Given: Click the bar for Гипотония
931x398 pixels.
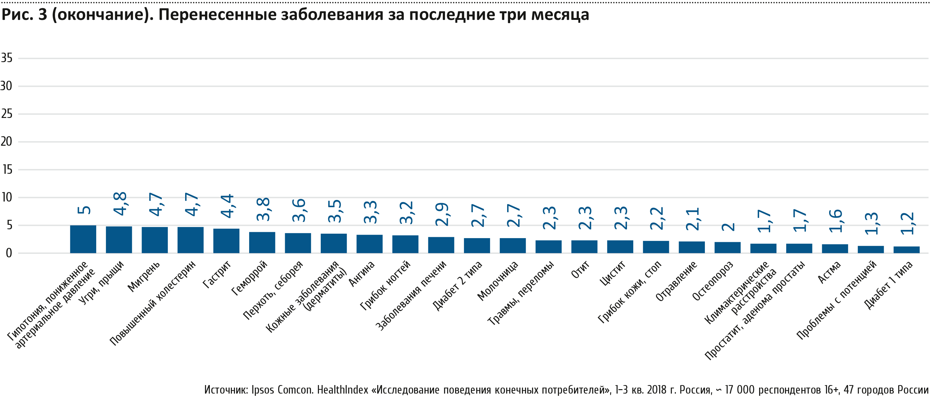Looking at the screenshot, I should [83, 239].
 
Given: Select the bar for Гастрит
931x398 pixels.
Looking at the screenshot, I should [226, 241].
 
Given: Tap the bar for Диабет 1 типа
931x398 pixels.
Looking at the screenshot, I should [906, 249].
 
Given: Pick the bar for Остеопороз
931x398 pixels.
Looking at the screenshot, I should [728, 247].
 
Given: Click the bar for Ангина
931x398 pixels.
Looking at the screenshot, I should [369, 244].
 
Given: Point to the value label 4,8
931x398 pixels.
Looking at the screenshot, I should [120, 203].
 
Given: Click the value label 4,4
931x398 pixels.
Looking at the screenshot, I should [228, 206].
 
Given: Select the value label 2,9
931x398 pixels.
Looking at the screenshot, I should [442, 214].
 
